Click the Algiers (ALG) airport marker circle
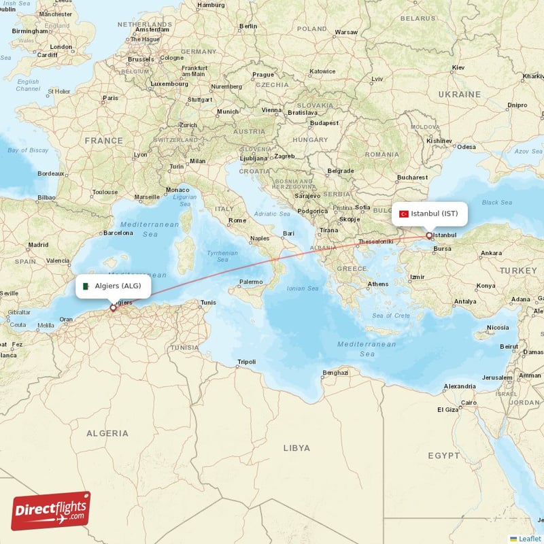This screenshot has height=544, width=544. [113, 308]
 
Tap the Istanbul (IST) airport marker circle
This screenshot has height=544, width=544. [429, 237]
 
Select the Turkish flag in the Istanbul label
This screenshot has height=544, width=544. [403, 214]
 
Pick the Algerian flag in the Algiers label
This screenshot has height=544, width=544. [86, 286]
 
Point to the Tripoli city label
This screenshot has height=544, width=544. [247, 362]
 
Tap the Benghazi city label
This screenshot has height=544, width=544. [335, 373]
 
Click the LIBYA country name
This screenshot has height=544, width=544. [296, 448]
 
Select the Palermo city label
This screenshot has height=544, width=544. [250, 282]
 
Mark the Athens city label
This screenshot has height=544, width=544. [378, 284]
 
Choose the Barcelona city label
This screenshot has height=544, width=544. [118, 233]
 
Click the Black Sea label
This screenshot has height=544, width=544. [496, 202]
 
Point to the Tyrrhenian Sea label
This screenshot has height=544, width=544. [222, 256]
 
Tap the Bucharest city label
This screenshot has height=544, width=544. [412, 177]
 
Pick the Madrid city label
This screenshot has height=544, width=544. [38, 244]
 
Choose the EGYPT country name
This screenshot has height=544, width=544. [444, 455]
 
